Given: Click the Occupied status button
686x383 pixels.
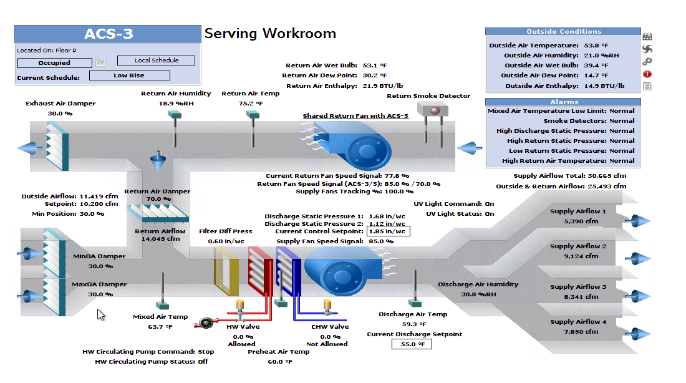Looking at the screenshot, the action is [55, 63].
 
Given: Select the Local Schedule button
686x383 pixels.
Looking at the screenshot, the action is [156, 61].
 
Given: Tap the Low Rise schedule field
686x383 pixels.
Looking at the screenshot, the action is [130, 75].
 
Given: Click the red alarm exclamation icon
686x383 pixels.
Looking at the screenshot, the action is [647, 74].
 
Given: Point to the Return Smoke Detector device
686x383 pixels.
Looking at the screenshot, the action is [432, 109].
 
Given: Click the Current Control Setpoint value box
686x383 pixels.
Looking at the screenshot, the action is [388, 231].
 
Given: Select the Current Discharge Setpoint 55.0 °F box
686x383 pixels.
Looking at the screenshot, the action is [412, 344].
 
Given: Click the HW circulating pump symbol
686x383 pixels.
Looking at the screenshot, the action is [206, 323].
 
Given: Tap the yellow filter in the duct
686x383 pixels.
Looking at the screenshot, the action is [226, 271].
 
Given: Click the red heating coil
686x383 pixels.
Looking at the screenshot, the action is [261, 271].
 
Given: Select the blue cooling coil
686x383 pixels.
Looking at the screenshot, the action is [288, 271].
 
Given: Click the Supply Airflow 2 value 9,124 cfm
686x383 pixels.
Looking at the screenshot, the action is [581, 256].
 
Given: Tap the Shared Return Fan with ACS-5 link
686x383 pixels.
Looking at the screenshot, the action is [355, 116].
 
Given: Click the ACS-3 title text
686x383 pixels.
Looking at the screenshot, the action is [109, 34].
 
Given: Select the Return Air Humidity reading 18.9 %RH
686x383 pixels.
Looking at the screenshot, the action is [176, 104].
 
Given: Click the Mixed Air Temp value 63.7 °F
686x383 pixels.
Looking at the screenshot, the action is [160, 326].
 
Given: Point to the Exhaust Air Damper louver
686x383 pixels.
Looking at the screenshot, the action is [58, 146].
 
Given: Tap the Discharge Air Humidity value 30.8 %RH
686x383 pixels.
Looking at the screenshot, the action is [478, 294].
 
